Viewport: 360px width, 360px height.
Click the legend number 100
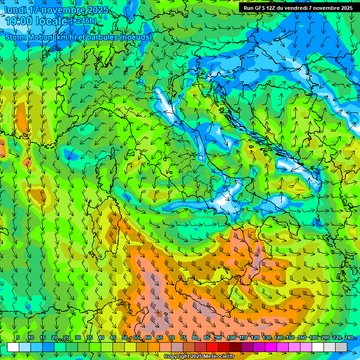pyautogui.click(x=232, y=338)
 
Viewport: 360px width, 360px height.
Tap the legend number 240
pyautogui.click(x=349, y=338)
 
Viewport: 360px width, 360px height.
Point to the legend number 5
pyautogui.click(x=18, y=338)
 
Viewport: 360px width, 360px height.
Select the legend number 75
pyautogui.click(x=183, y=338)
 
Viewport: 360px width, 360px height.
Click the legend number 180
pyautogui.click(x=313, y=338)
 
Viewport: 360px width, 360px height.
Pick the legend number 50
pyautogui.click(x=125, y=338)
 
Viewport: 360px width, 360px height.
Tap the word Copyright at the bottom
pyautogui.click(x=177, y=357)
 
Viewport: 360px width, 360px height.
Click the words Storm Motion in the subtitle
pyautogui.click(x=28, y=37)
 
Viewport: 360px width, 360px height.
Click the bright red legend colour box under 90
pyautogui.click(x=212, y=347)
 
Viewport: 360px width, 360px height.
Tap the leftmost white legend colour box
pyautogui.click(x=13, y=347)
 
